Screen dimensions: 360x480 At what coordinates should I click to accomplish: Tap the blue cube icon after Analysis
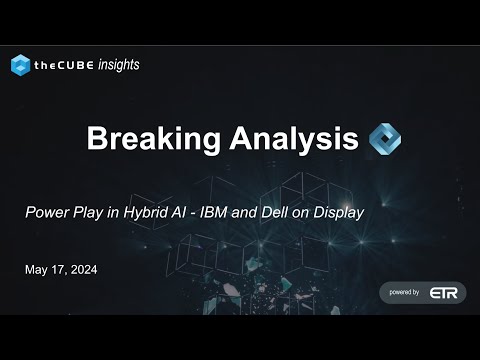click(385, 138)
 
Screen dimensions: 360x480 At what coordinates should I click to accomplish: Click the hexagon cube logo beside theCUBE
click(21, 65)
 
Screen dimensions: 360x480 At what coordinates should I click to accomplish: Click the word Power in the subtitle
click(47, 213)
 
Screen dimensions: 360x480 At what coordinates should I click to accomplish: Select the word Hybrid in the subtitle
click(151, 213)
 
